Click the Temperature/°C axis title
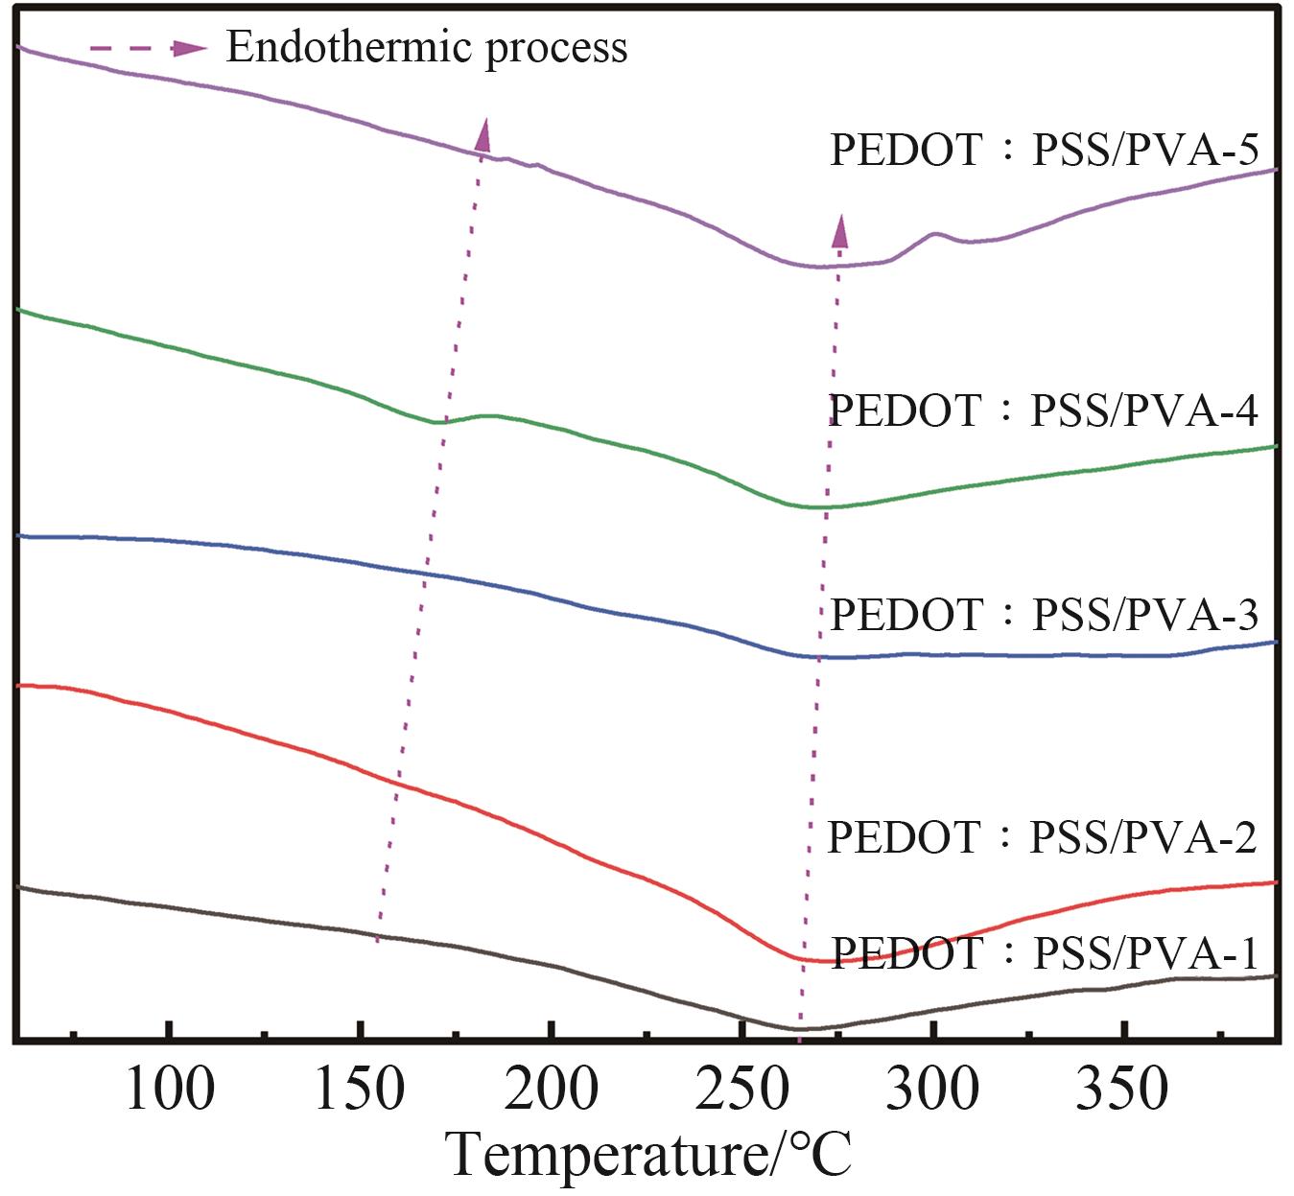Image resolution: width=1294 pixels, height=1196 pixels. click(x=650, y=1154)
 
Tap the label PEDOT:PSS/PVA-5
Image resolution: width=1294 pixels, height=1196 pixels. click(x=1044, y=150)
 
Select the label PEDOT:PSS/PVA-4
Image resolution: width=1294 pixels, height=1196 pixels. click(x=1043, y=410)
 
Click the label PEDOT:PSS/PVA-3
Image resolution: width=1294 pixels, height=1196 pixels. click(x=1044, y=615)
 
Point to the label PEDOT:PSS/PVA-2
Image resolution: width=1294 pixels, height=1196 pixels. click(x=1042, y=837)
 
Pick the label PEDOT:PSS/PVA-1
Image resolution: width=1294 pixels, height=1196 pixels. click(x=1044, y=953)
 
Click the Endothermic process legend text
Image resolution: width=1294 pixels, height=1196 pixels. click(x=427, y=47)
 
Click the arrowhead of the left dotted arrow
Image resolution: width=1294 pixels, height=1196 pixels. click(x=483, y=134)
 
